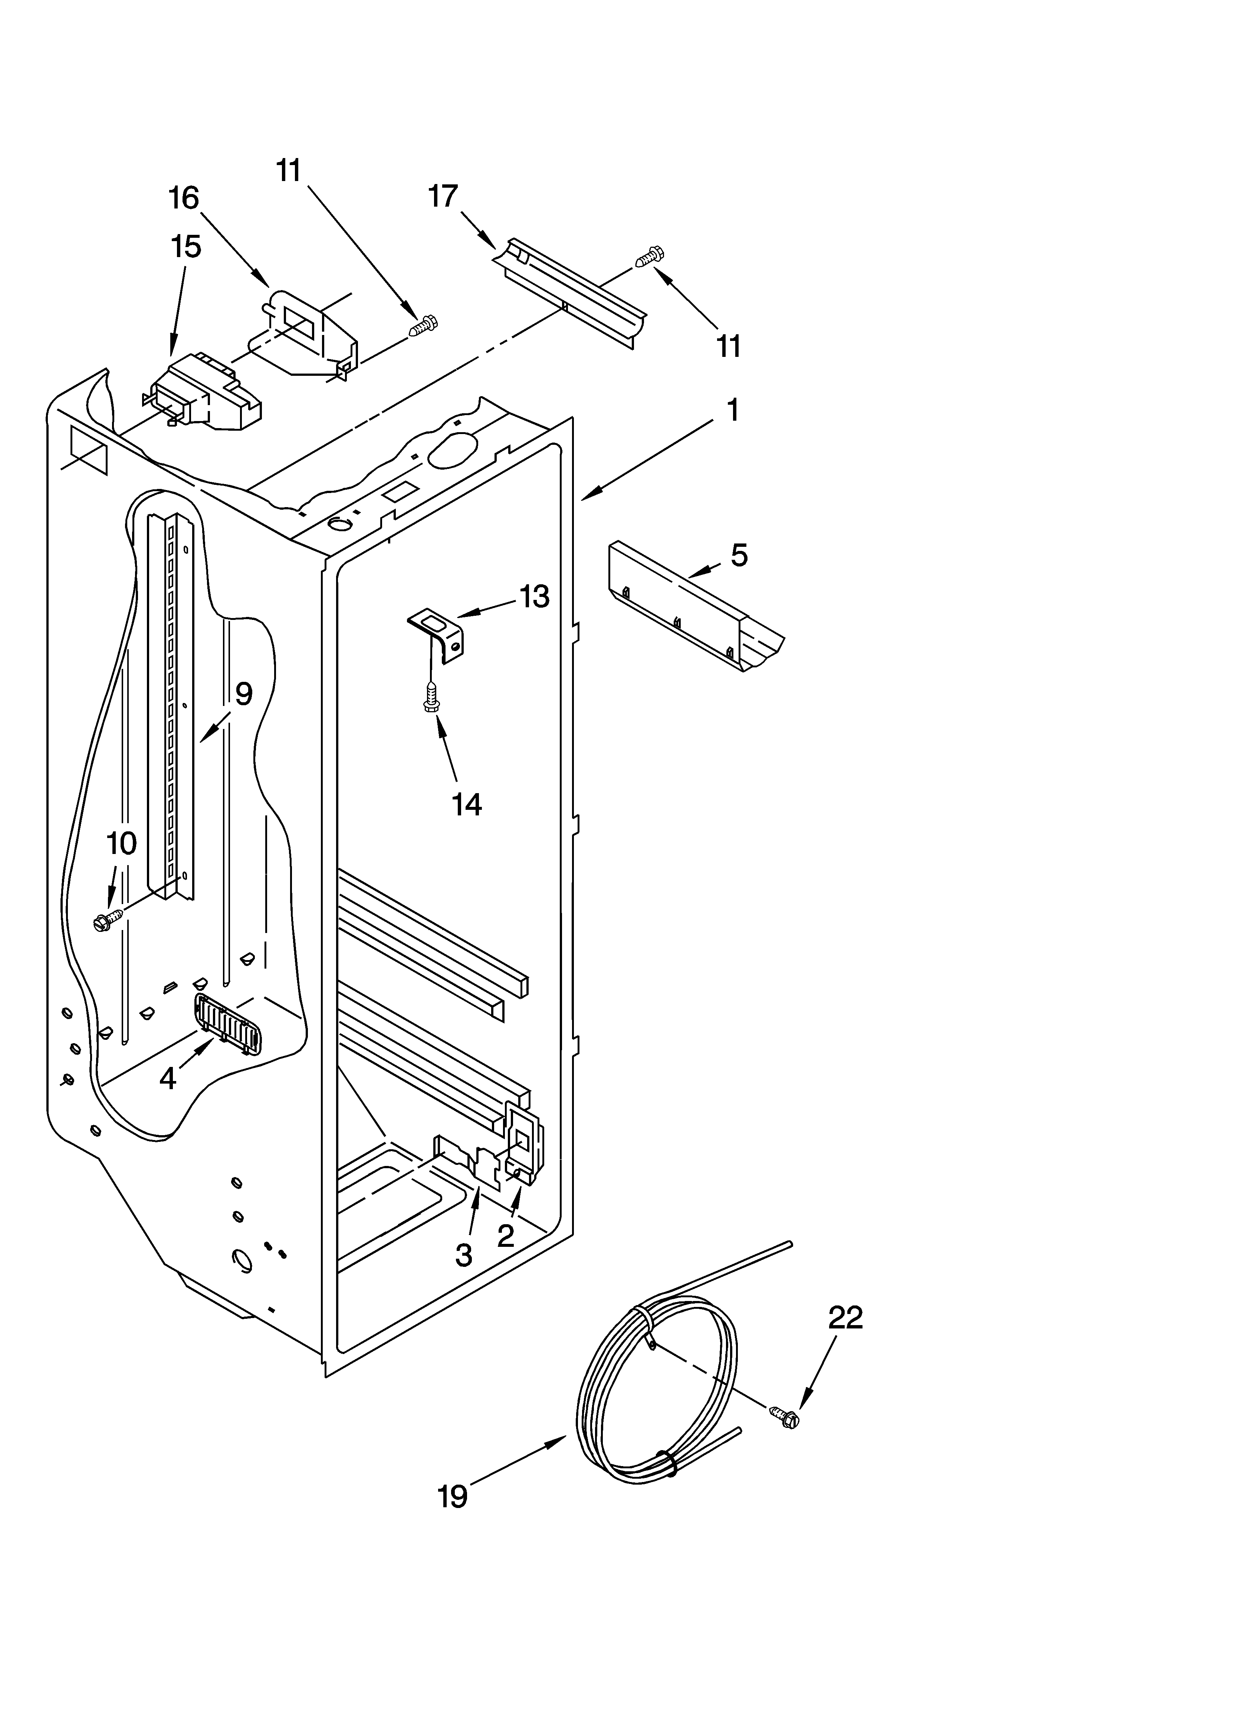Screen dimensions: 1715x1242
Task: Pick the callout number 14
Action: tap(467, 805)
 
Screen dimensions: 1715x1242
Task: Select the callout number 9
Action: tap(243, 693)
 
